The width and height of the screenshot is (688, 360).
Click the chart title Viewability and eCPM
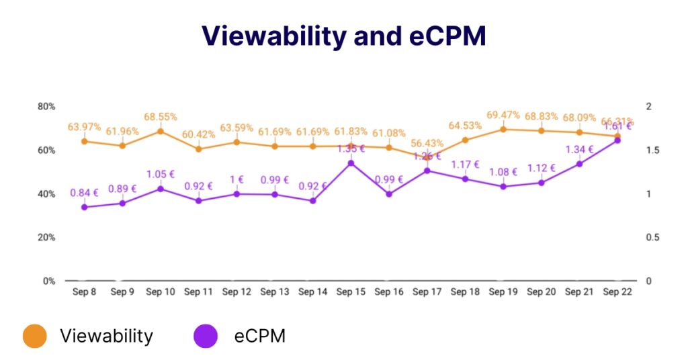pos(344,36)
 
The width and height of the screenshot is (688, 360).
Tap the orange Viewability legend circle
pos(34,336)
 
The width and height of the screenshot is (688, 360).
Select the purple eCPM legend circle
pos(206,336)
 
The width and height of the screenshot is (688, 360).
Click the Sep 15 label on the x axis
pos(351,292)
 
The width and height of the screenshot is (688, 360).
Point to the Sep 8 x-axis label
pos(84,292)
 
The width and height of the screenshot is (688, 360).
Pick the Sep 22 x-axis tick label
pos(617,292)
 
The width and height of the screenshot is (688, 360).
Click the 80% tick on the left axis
pos(46,107)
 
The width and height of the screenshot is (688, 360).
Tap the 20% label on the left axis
pos(46,238)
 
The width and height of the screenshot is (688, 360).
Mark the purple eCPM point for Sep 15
pos(351,163)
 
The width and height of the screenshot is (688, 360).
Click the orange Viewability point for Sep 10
pos(161,131)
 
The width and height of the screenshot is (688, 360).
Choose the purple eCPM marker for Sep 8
pos(84,208)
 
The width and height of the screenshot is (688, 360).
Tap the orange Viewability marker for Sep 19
pos(503,129)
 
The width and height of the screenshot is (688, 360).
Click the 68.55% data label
pos(160,117)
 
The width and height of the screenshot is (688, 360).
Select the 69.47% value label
pos(503,115)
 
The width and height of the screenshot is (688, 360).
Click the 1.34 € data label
pos(579,150)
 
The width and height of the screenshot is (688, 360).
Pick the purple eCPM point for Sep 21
pos(579,164)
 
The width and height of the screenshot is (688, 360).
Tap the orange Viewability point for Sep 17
pos(427,157)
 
